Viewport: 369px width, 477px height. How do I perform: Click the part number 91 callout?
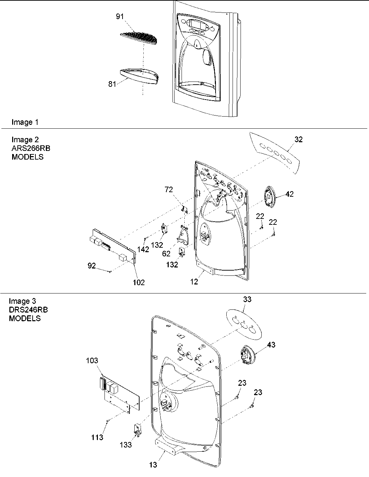[x=120, y=17]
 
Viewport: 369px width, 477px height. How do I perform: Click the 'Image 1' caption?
[x=25, y=122]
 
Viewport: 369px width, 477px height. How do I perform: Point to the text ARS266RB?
[x=31, y=148]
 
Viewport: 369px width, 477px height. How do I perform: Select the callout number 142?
[x=143, y=249]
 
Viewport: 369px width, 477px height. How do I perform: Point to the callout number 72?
[x=169, y=189]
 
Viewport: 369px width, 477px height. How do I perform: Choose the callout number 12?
[x=194, y=282]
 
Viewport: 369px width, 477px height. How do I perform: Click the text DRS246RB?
[x=28, y=310]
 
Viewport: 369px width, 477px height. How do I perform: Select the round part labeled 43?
[x=248, y=355]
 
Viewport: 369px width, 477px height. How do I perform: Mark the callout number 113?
[x=97, y=437]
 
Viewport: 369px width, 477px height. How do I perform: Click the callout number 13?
[x=153, y=465]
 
